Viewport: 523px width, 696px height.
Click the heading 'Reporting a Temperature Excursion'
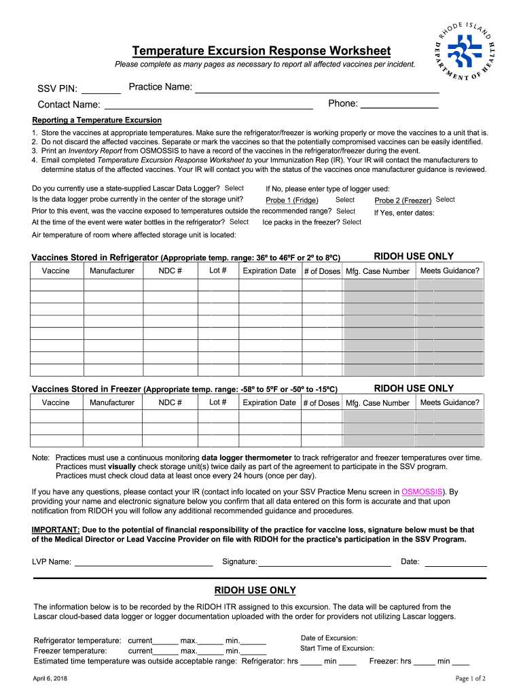coord(96,120)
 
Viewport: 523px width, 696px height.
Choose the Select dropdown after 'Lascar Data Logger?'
coord(234,188)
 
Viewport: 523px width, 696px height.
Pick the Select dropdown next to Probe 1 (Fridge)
coord(345,200)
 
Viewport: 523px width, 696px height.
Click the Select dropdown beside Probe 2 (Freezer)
coord(445,200)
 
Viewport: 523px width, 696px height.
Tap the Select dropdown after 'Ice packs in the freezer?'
coord(352,222)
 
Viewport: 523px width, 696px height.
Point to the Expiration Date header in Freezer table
coord(269,402)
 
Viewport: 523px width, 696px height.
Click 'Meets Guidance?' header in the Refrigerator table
coord(450,271)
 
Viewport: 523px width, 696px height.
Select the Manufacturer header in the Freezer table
coord(112,402)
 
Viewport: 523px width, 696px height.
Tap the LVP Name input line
coord(143,561)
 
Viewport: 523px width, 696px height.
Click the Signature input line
coord(325,561)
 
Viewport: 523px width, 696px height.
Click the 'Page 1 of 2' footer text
coord(470,678)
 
